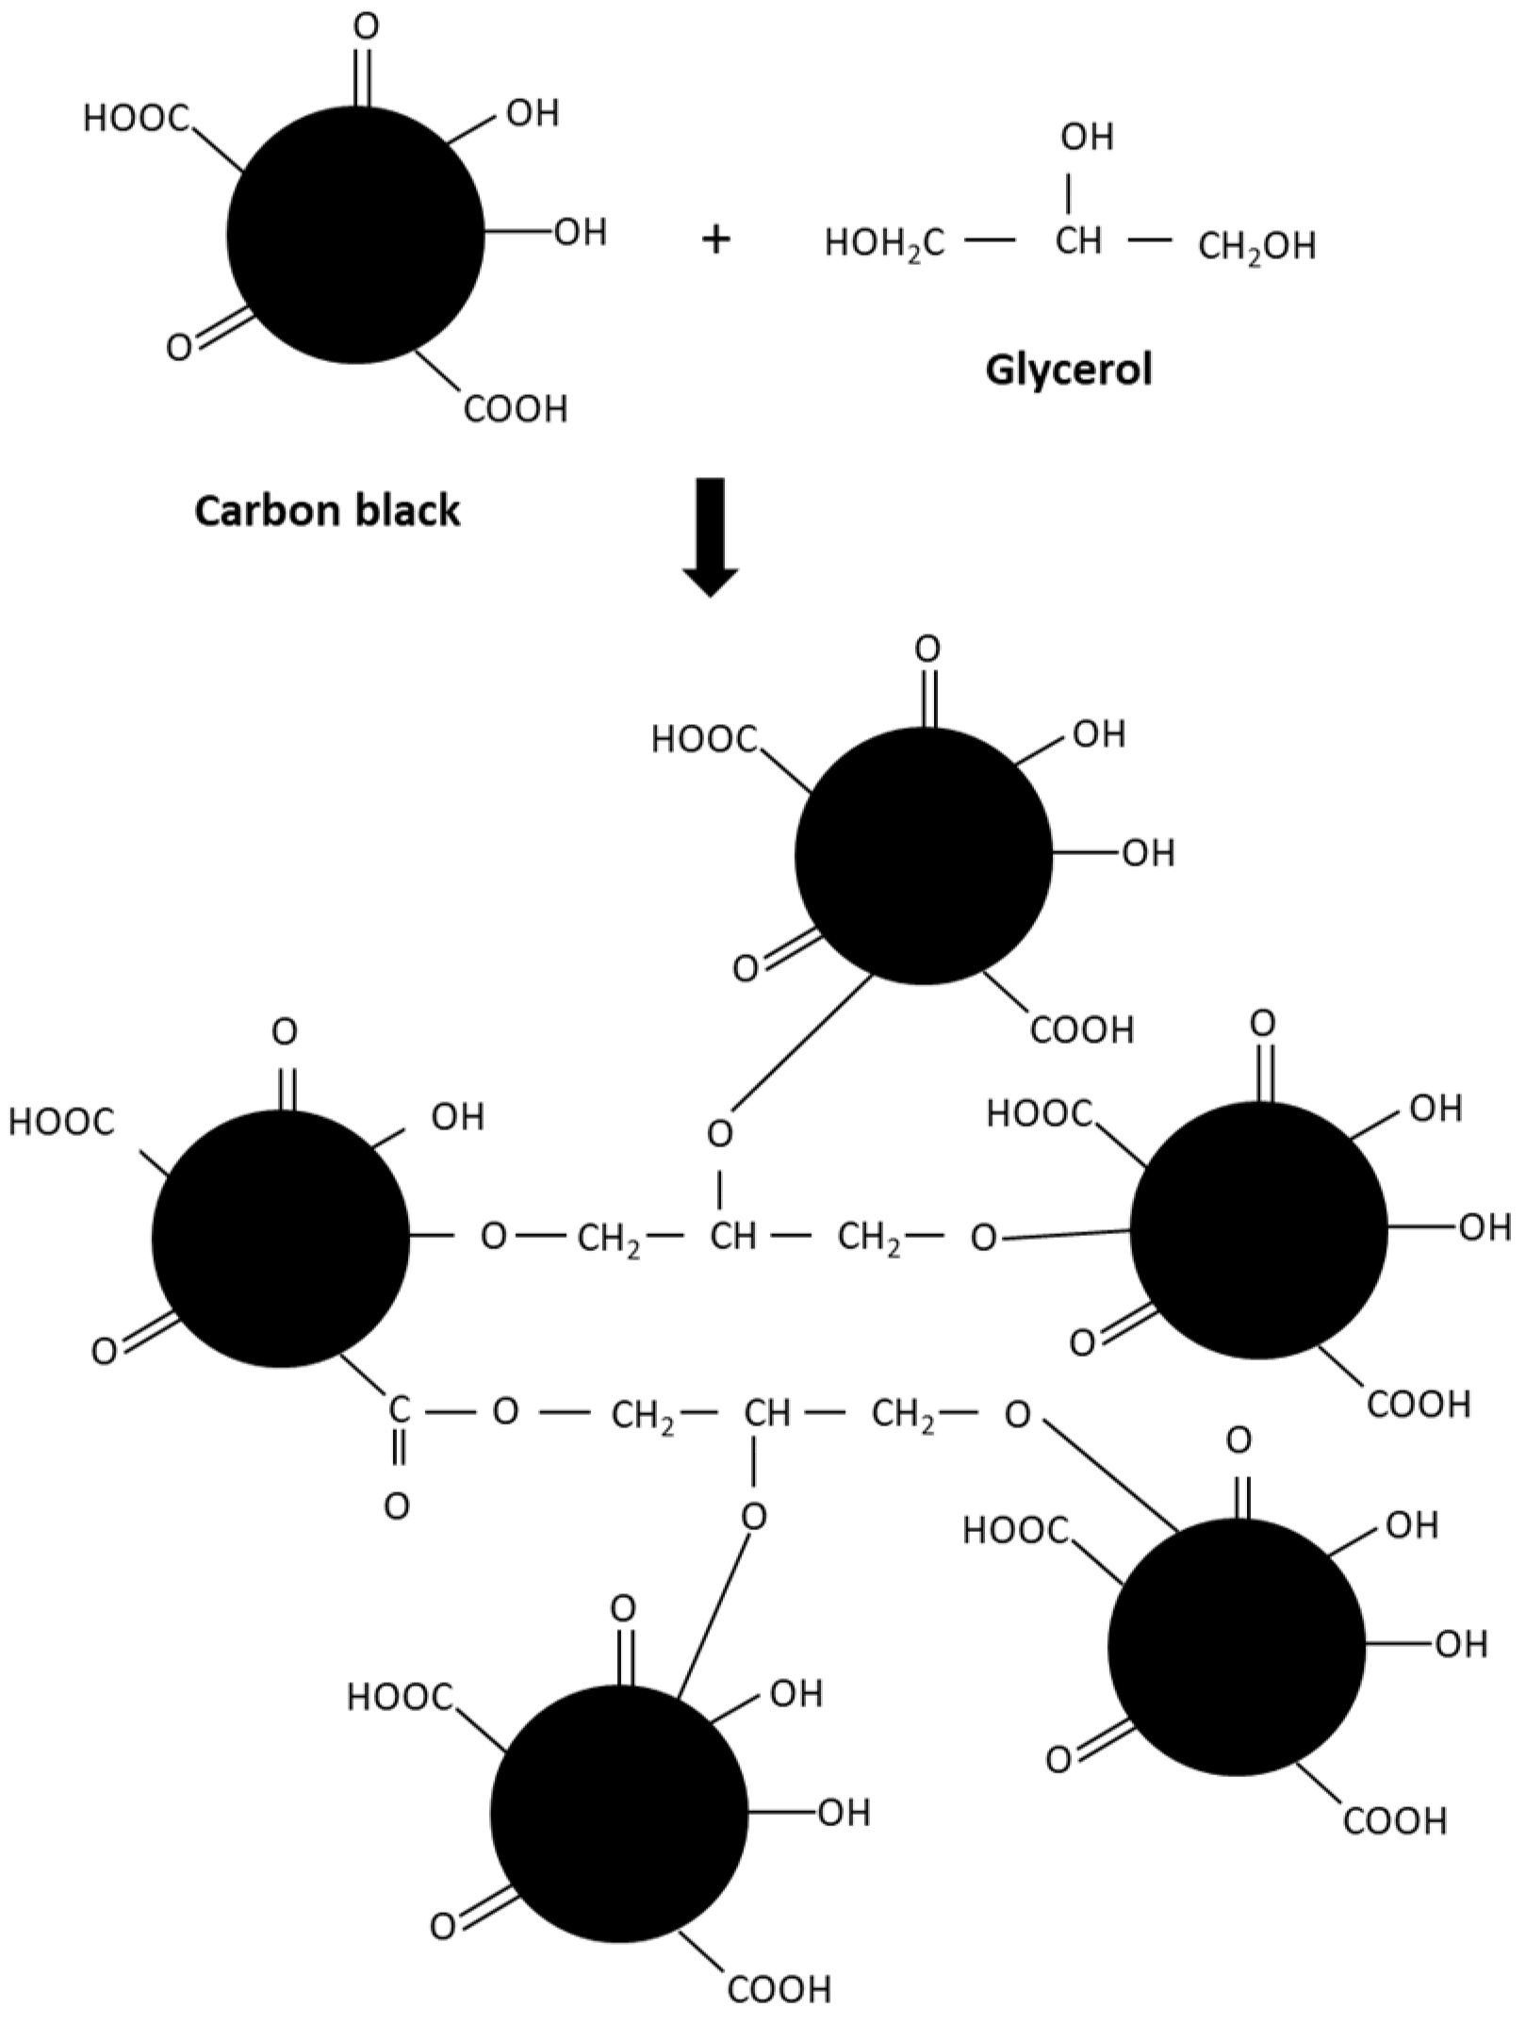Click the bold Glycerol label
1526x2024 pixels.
pos(1069,370)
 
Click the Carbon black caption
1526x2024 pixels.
pos(328,511)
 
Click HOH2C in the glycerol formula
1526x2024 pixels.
pos(884,244)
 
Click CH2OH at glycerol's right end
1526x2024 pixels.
pos(1255,247)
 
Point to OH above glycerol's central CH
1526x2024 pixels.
pos(1087,138)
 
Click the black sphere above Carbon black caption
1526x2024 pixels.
pos(356,236)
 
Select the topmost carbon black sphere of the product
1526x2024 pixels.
pos(924,855)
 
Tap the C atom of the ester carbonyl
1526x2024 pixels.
pos(399,1410)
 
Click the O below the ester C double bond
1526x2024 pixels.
pos(398,1506)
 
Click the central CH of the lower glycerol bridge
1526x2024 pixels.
pos(766,1413)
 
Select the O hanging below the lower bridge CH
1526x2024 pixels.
pos(754,1516)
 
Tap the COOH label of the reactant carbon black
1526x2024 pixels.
pos(516,410)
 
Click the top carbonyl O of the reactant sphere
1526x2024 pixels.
pos(366,26)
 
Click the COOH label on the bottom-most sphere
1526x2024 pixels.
pos(779,1990)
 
